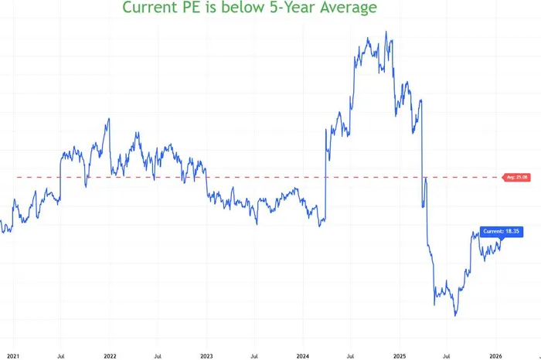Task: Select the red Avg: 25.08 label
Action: [515, 178]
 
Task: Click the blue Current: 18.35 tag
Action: [502, 231]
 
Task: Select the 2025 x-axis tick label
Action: [400, 355]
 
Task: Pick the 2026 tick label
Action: [497, 355]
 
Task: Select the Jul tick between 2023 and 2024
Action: [254, 355]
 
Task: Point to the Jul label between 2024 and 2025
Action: [351, 355]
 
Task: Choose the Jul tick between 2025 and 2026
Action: [448, 355]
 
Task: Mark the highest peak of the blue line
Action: [386, 32]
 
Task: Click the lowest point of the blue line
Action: [456, 316]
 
